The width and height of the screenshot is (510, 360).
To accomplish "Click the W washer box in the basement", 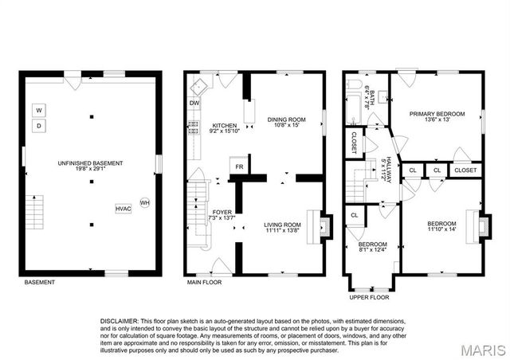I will tap(38, 110).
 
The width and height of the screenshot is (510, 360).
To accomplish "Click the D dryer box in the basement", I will tap(38, 126).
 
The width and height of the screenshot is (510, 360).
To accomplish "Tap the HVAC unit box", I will tap(124, 208).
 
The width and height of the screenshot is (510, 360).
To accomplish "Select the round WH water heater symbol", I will tap(144, 203).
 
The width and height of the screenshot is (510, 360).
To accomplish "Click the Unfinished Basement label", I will tap(90, 166).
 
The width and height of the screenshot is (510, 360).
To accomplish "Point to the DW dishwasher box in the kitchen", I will tap(194, 104).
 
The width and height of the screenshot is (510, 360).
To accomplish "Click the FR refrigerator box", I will tap(237, 167).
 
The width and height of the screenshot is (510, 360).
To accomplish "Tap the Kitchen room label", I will tap(224, 127).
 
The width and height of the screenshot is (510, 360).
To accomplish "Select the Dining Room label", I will tap(284, 120).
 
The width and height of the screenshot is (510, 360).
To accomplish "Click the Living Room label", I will tap(283, 228).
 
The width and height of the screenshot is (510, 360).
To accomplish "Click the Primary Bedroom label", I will tap(436, 116).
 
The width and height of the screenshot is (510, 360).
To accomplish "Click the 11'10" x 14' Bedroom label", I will tap(441, 225).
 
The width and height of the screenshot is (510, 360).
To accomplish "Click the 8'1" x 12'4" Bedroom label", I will tap(371, 246).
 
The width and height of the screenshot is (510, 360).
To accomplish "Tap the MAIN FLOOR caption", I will tap(204, 282).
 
